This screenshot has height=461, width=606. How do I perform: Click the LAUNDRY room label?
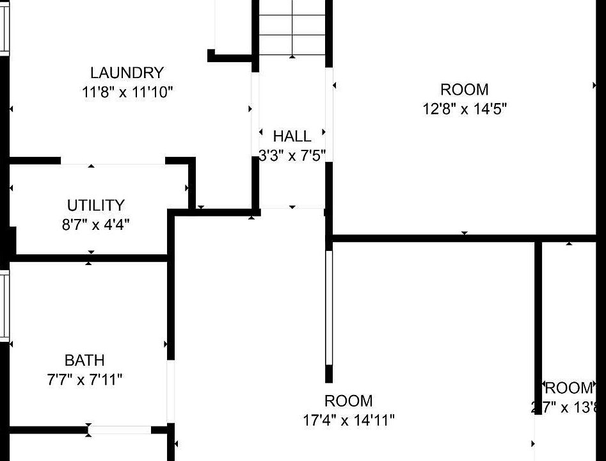pos(127,73)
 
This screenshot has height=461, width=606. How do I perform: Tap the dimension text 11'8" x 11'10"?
pos(127,92)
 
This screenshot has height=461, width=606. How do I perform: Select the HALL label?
pos(292,136)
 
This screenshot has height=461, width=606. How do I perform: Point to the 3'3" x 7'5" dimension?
pos(292,155)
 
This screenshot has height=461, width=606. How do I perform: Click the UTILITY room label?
pos(96,206)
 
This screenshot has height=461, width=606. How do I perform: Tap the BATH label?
pos(84,360)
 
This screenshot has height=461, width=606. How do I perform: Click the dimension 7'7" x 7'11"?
pos(84,380)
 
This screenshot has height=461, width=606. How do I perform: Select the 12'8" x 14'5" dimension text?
pos(465,109)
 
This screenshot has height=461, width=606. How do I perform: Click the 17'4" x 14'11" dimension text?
pos(349,421)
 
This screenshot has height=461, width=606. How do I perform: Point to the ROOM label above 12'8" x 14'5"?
pos(465,90)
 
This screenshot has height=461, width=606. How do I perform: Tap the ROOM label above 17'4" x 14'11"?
pos(349,401)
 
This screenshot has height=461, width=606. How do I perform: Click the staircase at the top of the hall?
pos(292,28)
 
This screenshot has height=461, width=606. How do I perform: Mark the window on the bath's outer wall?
pos(4,305)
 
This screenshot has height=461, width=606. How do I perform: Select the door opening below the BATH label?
pos(120,430)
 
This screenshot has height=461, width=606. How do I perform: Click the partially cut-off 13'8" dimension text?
pos(567,407)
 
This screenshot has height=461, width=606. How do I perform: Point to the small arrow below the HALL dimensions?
pos(292,207)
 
